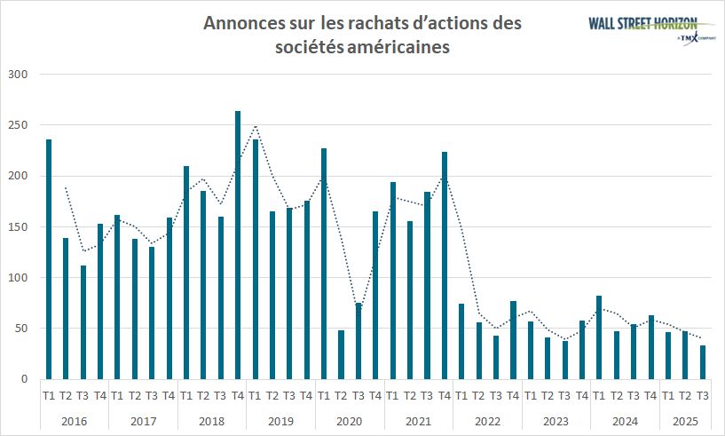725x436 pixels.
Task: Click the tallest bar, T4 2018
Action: coord(238,245)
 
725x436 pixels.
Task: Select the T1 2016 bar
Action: coord(49,259)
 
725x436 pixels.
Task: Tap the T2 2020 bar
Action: coord(341,354)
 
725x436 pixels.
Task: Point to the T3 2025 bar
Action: coord(702,362)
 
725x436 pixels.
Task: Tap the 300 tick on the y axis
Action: coord(18,75)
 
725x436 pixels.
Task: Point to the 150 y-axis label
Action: coord(18,227)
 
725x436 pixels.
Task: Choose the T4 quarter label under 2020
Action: coord(375,396)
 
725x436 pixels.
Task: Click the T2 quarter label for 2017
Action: coord(134,396)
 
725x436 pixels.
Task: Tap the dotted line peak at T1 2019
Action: coord(256,125)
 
